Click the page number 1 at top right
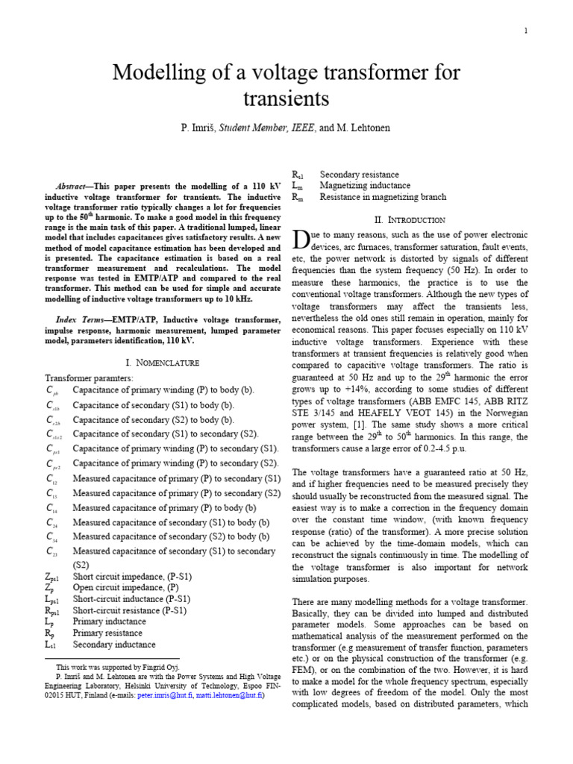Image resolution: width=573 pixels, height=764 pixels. click(x=525, y=31)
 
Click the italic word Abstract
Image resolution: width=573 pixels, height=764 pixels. click(x=75, y=186)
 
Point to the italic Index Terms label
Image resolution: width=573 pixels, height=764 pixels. click(x=84, y=320)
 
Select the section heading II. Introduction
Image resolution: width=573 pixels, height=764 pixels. click(x=409, y=219)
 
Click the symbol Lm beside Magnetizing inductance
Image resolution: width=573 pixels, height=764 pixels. click(x=297, y=186)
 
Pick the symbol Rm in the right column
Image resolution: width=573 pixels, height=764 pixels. click(x=297, y=197)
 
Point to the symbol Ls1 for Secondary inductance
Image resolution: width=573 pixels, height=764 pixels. click(x=51, y=644)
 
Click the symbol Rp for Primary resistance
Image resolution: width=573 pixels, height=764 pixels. click(x=50, y=633)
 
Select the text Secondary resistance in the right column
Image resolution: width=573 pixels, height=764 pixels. click(x=359, y=175)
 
